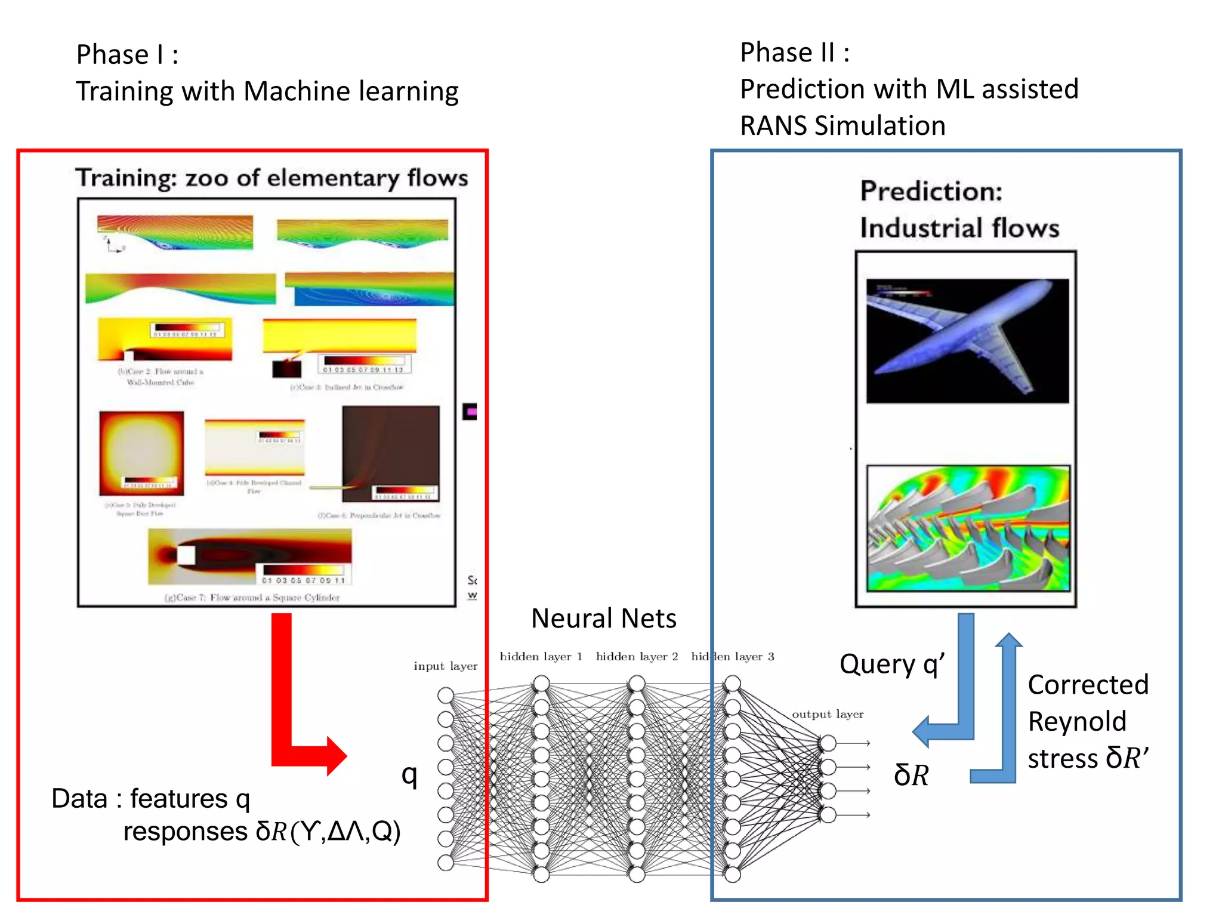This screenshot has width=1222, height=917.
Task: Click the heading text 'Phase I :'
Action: [127, 55]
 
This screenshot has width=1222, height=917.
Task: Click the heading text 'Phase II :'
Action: [794, 53]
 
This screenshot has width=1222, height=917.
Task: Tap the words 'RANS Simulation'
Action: [843, 126]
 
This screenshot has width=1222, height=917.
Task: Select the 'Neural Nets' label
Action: [603, 618]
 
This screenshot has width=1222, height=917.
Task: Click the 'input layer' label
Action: [445, 666]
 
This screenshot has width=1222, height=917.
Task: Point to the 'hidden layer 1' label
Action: [541, 657]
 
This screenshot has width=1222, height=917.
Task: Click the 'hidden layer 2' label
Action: [637, 657]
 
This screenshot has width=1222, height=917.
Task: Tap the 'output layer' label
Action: [828, 714]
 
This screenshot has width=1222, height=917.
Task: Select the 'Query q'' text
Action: [891, 664]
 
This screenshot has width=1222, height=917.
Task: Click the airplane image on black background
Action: [967, 340]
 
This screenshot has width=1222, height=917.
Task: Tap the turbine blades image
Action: [967, 528]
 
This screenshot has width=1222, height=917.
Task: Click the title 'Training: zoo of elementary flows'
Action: [271, 178]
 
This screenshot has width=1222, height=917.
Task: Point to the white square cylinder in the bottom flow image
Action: [186, 555]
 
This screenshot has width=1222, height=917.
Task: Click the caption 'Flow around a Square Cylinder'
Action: [274, 598]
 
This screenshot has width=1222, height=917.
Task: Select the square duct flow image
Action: [141, 453]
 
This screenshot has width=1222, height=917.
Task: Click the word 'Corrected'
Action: [1088, 685]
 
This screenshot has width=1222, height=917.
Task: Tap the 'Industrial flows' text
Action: [959, 228]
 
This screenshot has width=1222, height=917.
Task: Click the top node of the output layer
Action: [828, 743]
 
